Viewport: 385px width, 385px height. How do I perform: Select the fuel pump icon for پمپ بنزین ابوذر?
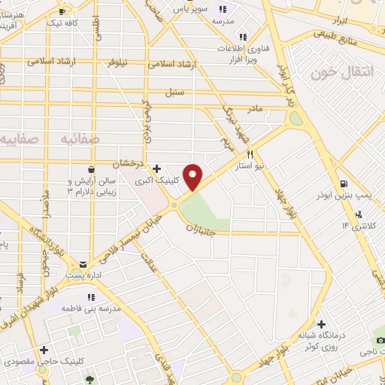[343, 183]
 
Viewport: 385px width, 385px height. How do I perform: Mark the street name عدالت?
[148, 258]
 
